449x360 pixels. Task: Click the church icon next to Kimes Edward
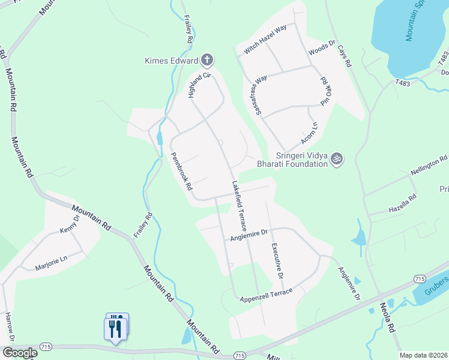click(x=207, y=59)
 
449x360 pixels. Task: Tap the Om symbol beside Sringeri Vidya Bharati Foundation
click(x=337, y=158)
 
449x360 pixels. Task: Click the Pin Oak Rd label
click(x=327, y=92)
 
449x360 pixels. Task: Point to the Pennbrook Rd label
click(x=181, y=170)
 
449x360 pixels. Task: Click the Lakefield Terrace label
click(x=240, y=206)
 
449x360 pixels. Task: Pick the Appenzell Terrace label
click(x=266, y=295)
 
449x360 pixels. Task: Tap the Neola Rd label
click(x=388, y=317)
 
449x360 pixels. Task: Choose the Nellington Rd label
click(x=429, y=165)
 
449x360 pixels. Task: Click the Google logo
click(x=19, y=353)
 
